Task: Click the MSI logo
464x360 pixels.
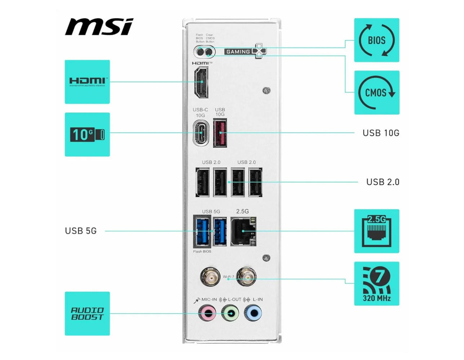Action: pos(99,27)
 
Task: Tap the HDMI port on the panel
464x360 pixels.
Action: pos(201,83)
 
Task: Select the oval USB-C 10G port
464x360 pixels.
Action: pos(201,133)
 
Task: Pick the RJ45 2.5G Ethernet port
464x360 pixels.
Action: pos(243,232)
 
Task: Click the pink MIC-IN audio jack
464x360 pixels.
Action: pos(208,313)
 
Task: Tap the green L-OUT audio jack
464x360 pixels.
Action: pos(230,313)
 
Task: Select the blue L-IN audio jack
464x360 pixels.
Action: pos(253,313)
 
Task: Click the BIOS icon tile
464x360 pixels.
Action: pos(376,40)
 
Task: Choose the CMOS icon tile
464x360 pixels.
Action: pos(376,93)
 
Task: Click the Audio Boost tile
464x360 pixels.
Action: pos(87,314)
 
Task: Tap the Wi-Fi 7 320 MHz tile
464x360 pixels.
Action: pos(376,284)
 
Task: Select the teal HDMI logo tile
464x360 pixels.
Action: pos(87,82)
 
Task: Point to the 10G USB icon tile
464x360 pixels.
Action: pos(87,134)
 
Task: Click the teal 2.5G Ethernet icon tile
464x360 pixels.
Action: pos(376,231)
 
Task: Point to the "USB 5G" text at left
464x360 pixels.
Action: pos(81,231)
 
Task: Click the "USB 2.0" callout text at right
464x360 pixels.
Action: pos(383,182)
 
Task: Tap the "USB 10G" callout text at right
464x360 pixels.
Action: pos(381,133)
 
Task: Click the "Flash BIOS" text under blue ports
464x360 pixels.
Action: pos(202,252)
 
